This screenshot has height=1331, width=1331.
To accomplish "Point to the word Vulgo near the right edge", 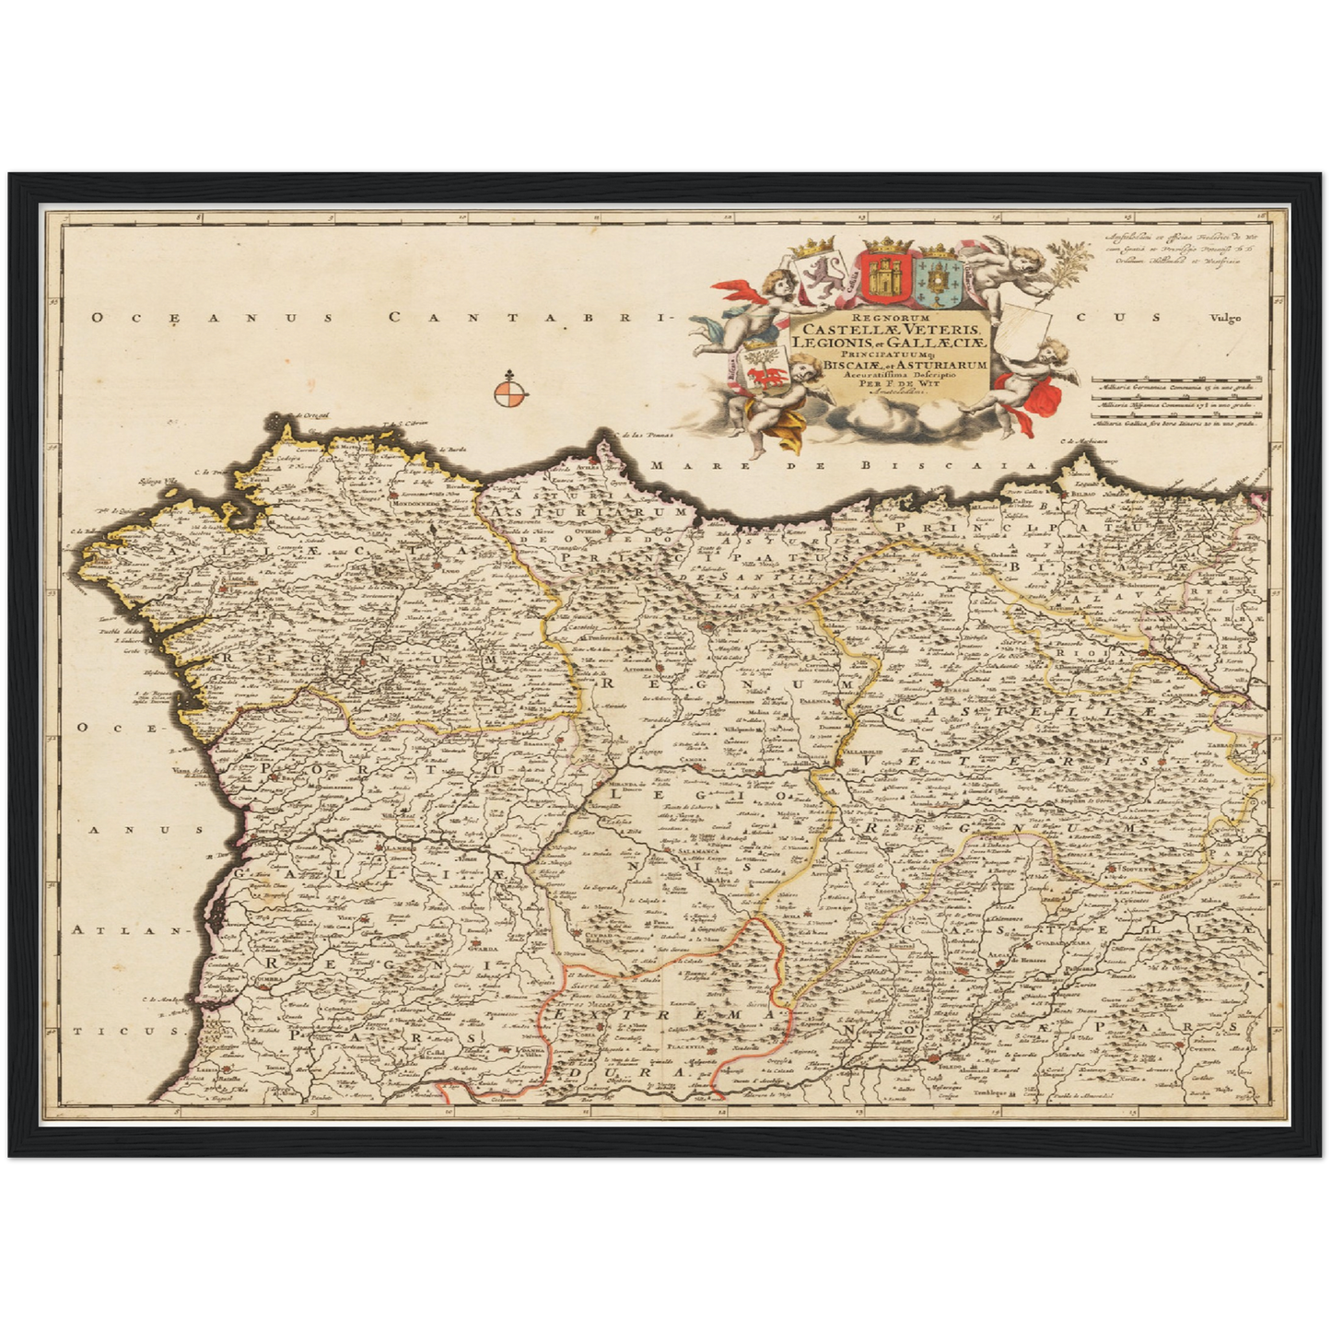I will (x=1226, y=319).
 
